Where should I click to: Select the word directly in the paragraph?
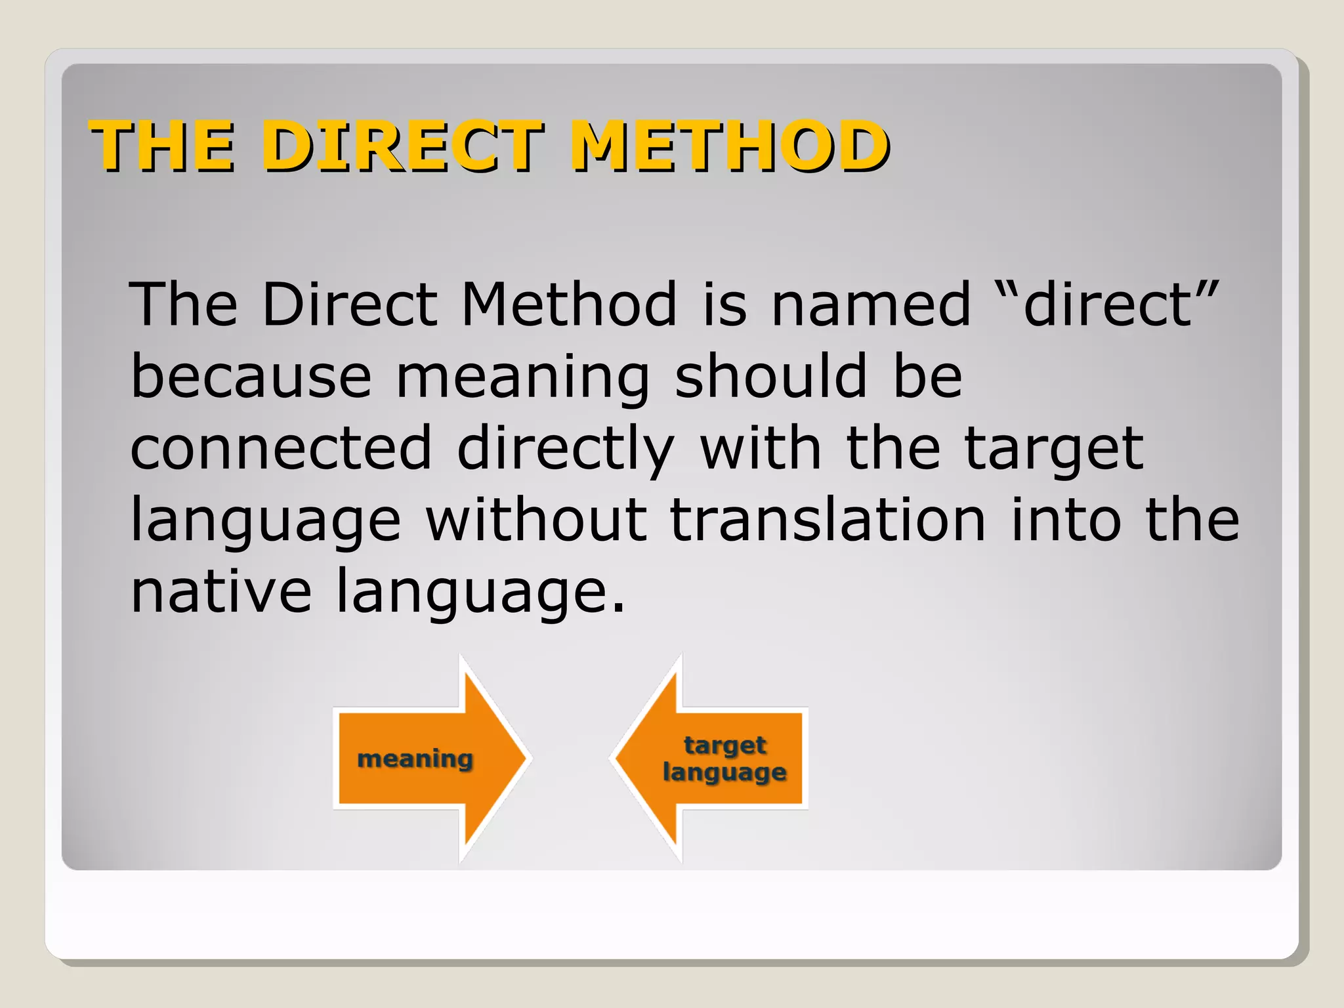point(566,450)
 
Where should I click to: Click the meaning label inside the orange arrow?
point(415,759)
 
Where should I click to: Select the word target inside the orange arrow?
point(725,745)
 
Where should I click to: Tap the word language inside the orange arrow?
point(724,772)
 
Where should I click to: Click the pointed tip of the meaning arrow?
point(525,759)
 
